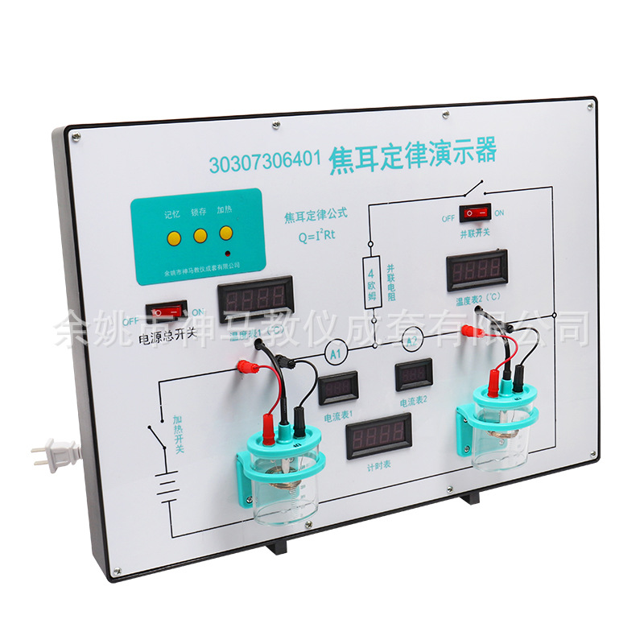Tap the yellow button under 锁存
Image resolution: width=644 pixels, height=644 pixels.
(199, 236)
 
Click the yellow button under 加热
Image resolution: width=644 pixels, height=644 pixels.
(226, 233)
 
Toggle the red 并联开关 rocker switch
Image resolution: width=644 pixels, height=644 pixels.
(475, 213)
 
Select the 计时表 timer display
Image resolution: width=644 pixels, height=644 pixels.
(378, 436)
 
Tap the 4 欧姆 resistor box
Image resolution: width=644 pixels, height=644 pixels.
(373, 278)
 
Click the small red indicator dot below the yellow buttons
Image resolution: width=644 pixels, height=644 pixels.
(227, 251)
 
